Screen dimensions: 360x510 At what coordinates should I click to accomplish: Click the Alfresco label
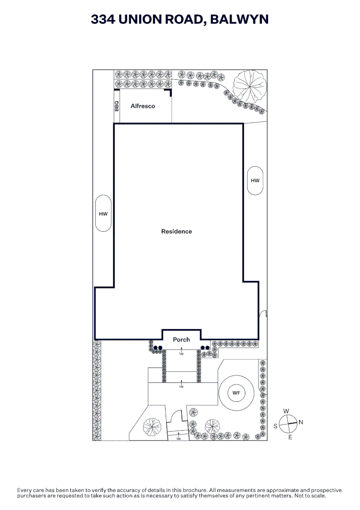click(x=142, y=106)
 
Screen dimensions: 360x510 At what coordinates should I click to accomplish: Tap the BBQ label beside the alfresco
click(x=117, y=106)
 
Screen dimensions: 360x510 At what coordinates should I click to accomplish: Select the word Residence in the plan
click(x=176, y=231)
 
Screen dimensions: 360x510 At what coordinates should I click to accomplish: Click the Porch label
click(x=181, y=340)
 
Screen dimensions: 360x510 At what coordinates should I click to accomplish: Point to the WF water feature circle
click(x=236, y=393)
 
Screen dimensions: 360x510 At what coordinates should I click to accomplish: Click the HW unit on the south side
click(x=103, y=213)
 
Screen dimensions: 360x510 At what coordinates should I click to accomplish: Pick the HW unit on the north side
click(x=255, y=180)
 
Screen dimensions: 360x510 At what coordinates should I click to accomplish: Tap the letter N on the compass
click(x=301, y=422)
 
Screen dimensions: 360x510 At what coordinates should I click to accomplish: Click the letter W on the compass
click(x=286, y=411)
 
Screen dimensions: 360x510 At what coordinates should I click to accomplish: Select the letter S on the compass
click(x=276, y=426)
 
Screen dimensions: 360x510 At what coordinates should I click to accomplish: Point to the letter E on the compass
click(x=290, y=437)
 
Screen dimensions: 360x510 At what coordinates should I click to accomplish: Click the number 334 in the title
click(x=103, y=19)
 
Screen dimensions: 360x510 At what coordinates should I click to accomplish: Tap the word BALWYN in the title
click(x=240, y=19)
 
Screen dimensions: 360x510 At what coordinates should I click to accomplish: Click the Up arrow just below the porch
click(x=181, y=350)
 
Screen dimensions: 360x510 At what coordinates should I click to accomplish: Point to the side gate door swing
click(x=263, y=313)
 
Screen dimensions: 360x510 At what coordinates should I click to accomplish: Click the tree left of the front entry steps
click(x=152, y=427)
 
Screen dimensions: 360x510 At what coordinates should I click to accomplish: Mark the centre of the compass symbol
click(x=288, y=424)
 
